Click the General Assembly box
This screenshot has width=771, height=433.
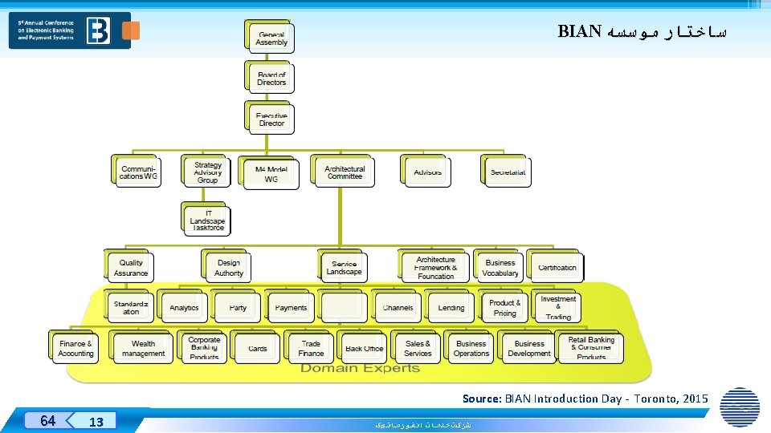click(x=271, y=38)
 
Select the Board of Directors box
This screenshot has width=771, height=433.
click(x=271, y=79)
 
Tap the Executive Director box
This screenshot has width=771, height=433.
click(x=271, y=119)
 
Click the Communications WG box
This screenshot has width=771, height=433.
click(x=139, y=172)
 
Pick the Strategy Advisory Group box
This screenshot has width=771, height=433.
click(x=207, y=172)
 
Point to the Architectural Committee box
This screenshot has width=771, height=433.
click(x=345, y=172)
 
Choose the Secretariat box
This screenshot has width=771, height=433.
click(x=508, y=172)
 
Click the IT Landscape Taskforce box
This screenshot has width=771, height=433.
click(x=207, y=221)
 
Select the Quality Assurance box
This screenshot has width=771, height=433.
click(x=131, y=268)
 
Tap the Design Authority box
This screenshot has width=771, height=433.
click(x=229, y=268)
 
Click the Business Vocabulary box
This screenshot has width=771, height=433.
click(x=500, y=268)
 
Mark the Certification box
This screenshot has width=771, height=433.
click(x=557, y=268)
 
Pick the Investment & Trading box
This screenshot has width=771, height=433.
click(x=558, y=308)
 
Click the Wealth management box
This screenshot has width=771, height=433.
click(x=144, y=349)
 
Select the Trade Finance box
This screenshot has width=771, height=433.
click(x=311, y=349)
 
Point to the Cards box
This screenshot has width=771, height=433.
click(x=258, y=349)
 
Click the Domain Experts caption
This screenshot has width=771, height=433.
click(x=360, y=368)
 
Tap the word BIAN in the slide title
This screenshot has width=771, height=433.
click(x=580, y=32)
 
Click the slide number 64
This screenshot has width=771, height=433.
click(x=48, y=421)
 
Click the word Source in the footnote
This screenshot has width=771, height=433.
click(x=481, y=399)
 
